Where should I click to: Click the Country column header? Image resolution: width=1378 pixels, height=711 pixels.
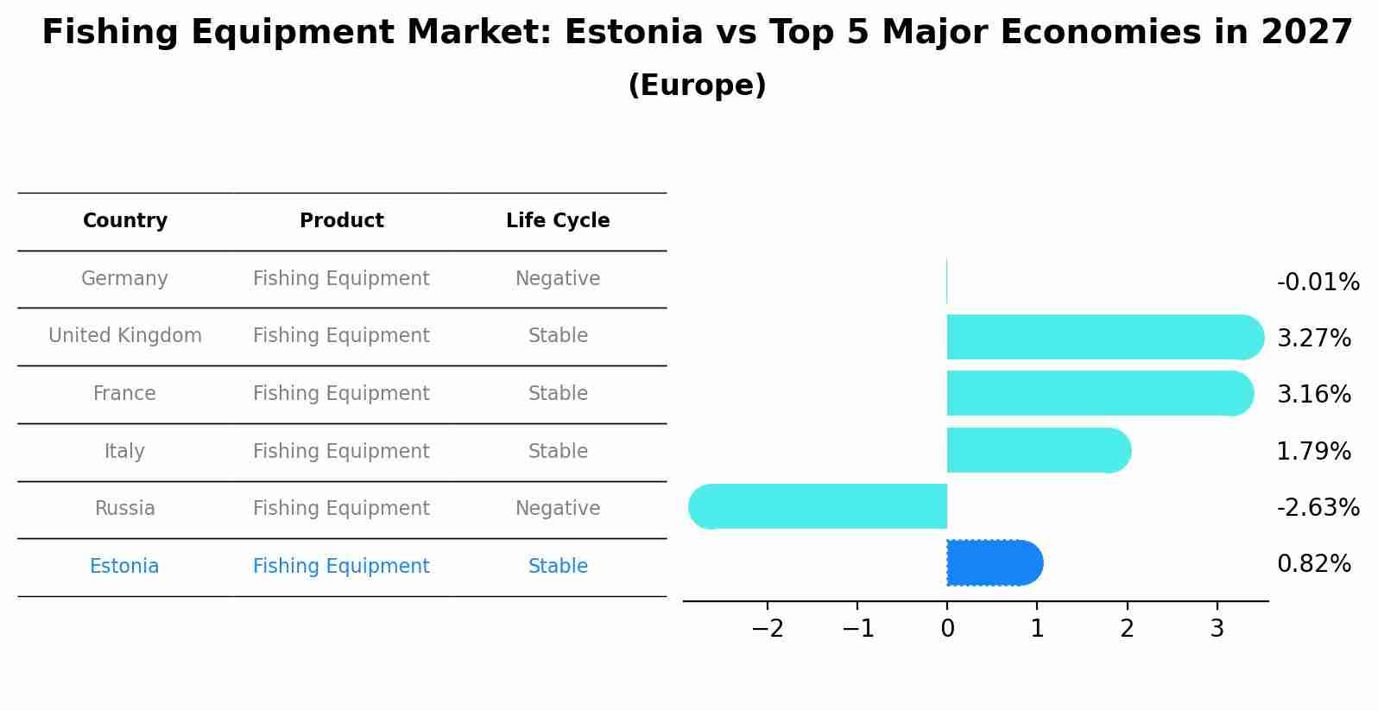(x=125, y=221)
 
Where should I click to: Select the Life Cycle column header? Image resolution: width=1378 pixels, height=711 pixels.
(x=558, y=221)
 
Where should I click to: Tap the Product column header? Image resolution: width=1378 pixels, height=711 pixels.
(x=341, y=221)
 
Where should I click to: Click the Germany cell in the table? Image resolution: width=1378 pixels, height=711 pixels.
(x=124, y=279)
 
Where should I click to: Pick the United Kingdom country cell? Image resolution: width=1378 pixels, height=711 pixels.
(x=125, y=336)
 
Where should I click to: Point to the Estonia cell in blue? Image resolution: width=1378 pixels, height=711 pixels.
(x=124, y=567)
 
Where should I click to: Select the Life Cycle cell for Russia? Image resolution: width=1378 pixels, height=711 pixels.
(x=558, y=509)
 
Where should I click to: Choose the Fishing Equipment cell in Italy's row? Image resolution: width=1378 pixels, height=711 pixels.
(x=341, y=452)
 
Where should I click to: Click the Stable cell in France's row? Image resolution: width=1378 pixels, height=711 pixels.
(x=558, y=394)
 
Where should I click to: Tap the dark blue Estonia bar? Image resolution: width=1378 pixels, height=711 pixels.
(x=993, y=563)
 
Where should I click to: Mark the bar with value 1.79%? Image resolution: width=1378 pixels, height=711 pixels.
(x=1036, y=450)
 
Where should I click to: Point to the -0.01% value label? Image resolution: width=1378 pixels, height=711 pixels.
(x=1318, y=282)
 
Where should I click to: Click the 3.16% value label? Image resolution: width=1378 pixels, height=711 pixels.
(x=1313, y=395)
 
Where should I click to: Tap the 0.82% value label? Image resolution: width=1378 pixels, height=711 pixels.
(x=1313, y=564)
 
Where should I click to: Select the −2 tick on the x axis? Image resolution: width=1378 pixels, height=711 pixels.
(x=768, y=629)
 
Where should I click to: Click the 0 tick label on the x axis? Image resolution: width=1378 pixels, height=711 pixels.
(x=947, y=629)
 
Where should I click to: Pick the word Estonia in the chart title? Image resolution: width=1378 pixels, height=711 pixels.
(x=634, y=33)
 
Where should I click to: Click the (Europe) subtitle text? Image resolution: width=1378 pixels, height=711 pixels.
(x=697, y=86)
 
